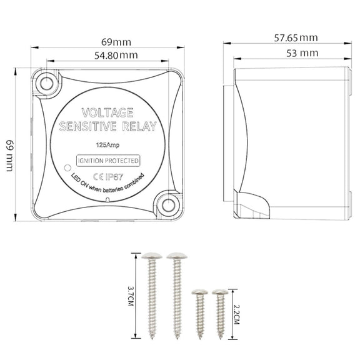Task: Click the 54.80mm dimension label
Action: (x=116, y=56)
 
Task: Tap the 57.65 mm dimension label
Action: (x=296, y=38)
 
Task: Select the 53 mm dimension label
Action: (x=302, y=53)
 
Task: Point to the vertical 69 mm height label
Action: (x=10, y=156)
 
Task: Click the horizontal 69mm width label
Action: (x=116, y=42)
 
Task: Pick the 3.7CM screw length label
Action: (x=131, y=296)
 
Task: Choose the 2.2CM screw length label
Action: (x=236, y=314)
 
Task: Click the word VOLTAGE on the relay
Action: (x=107, y=112)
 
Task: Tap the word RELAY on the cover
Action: (x=139, y=126)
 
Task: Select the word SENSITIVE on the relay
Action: (x=88, y=126)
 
